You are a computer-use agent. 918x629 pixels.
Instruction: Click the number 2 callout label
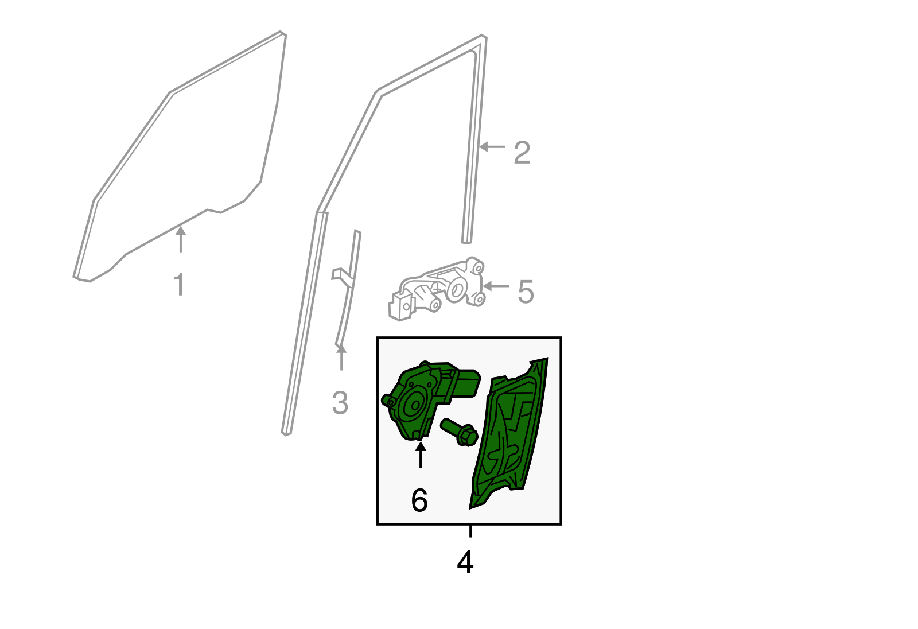522,153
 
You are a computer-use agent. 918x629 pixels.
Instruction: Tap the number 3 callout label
340,403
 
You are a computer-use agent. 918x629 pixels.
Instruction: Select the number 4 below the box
465,562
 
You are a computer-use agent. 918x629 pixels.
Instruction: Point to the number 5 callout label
526,292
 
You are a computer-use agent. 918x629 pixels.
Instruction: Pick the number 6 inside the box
419,500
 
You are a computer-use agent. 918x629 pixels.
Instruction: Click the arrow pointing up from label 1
181,239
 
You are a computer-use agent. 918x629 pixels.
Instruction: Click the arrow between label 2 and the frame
492,146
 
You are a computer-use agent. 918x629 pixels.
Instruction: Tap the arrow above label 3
341,357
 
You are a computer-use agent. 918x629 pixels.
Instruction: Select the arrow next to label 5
496,286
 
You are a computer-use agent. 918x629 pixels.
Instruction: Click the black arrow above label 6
421,455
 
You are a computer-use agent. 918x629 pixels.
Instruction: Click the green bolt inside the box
460,432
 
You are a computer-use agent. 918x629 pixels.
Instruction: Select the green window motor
430,400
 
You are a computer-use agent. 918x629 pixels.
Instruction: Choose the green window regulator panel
509,433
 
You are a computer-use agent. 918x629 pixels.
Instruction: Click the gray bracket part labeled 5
437,289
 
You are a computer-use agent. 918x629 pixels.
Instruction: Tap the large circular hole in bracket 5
456,289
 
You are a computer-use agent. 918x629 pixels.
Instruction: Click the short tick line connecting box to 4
470,531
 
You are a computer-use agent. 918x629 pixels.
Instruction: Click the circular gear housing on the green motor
413,405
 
